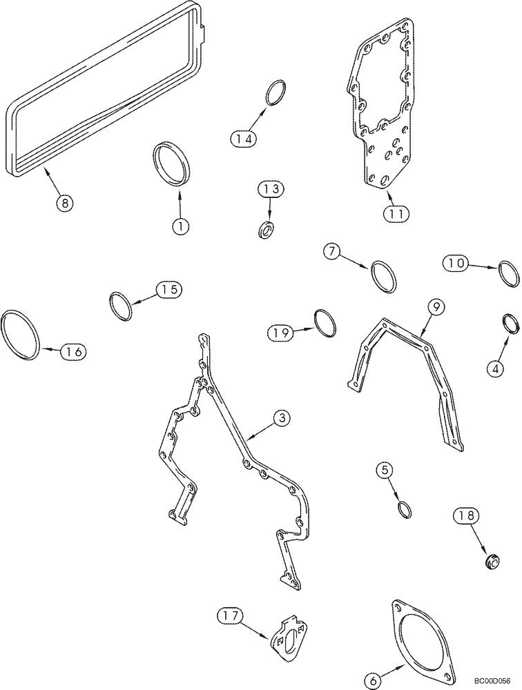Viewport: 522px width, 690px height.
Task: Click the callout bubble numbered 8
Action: pyautogui.click(x=64, y=202)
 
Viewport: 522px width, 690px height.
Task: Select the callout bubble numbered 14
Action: pyautogui.click(x=243, y=139)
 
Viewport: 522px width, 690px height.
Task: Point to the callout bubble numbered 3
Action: pyautogui.click(x=281, y=417)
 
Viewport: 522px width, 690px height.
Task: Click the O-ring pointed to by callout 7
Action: pyautogui.click(x=384, y=276)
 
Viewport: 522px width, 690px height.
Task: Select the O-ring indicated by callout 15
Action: pyautogui.click(x=122, y=306)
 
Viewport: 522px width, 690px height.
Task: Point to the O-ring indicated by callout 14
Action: pyautogui.click(x=275, y=93)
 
